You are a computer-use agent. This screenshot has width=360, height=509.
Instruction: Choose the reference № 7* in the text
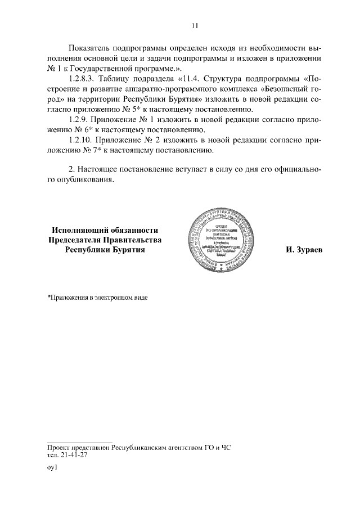pyautogui.click(x=88, y=151)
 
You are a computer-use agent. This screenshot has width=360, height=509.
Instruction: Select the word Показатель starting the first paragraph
pyautogui.click(x=90, y=47)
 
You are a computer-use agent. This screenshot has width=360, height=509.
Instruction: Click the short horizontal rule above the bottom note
pyautogui.click(x=80, y=442)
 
